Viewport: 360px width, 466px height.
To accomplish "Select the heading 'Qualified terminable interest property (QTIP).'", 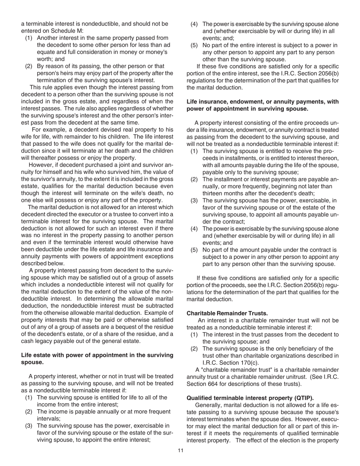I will click(x=250, y=398).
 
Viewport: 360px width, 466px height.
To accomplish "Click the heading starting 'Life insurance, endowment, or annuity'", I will click(x=263, y=102).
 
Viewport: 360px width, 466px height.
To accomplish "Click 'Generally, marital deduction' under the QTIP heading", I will click(x=227, y=405).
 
